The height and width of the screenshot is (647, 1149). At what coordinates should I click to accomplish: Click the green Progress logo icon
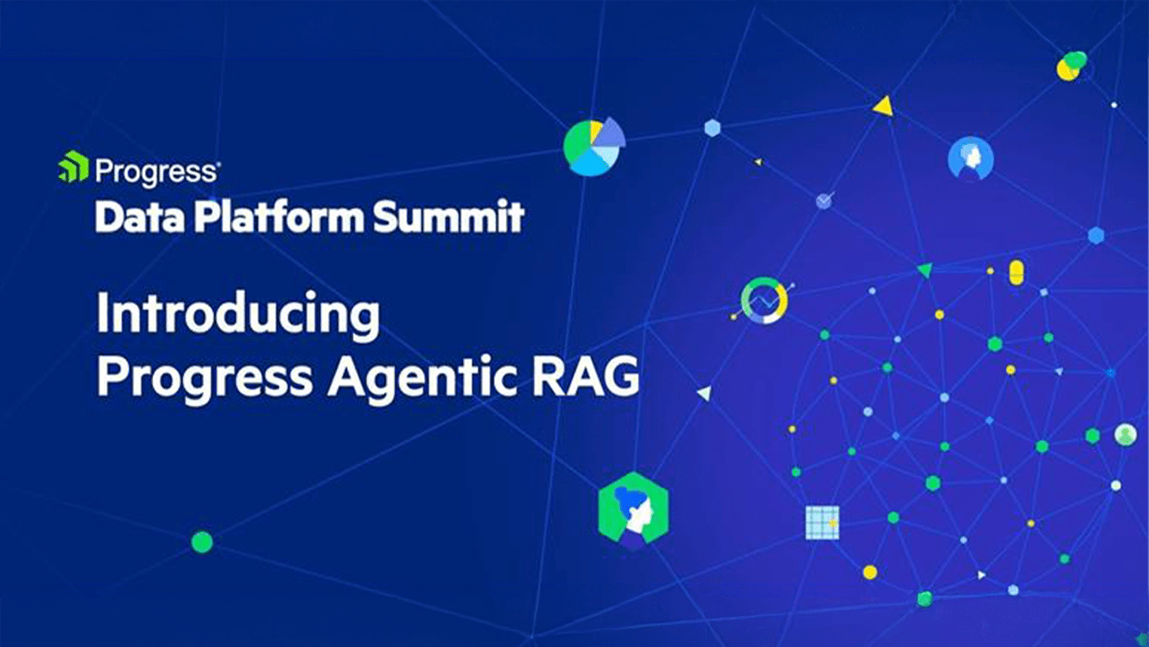click(x=73, y=167)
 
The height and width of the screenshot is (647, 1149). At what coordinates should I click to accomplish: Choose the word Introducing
click(x=238, y=314)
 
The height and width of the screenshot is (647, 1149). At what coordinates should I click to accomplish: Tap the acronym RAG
click(x=586, y=375)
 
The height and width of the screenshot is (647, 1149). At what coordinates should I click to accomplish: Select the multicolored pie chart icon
click(x=594, y=146)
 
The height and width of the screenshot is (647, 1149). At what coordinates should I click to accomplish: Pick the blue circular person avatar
click(x=971, y=159)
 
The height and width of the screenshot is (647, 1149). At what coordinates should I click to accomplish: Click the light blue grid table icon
click(x=822, y=522)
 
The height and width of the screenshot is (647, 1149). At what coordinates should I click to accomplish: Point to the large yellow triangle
click(x=884, y=106)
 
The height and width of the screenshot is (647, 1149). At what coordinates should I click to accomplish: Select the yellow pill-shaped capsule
click(x=1016, y=272)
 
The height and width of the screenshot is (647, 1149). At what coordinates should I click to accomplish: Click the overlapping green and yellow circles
click(x=1071, y=65)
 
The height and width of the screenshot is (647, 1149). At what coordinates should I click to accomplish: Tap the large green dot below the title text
click(x=202, y=542)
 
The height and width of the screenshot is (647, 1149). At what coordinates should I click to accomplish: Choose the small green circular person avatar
click(x=1126, y=435)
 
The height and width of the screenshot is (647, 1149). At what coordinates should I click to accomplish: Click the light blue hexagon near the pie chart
click(x=712, y=128)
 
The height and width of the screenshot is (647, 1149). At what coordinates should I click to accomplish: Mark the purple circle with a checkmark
click(x=824, y=201)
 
